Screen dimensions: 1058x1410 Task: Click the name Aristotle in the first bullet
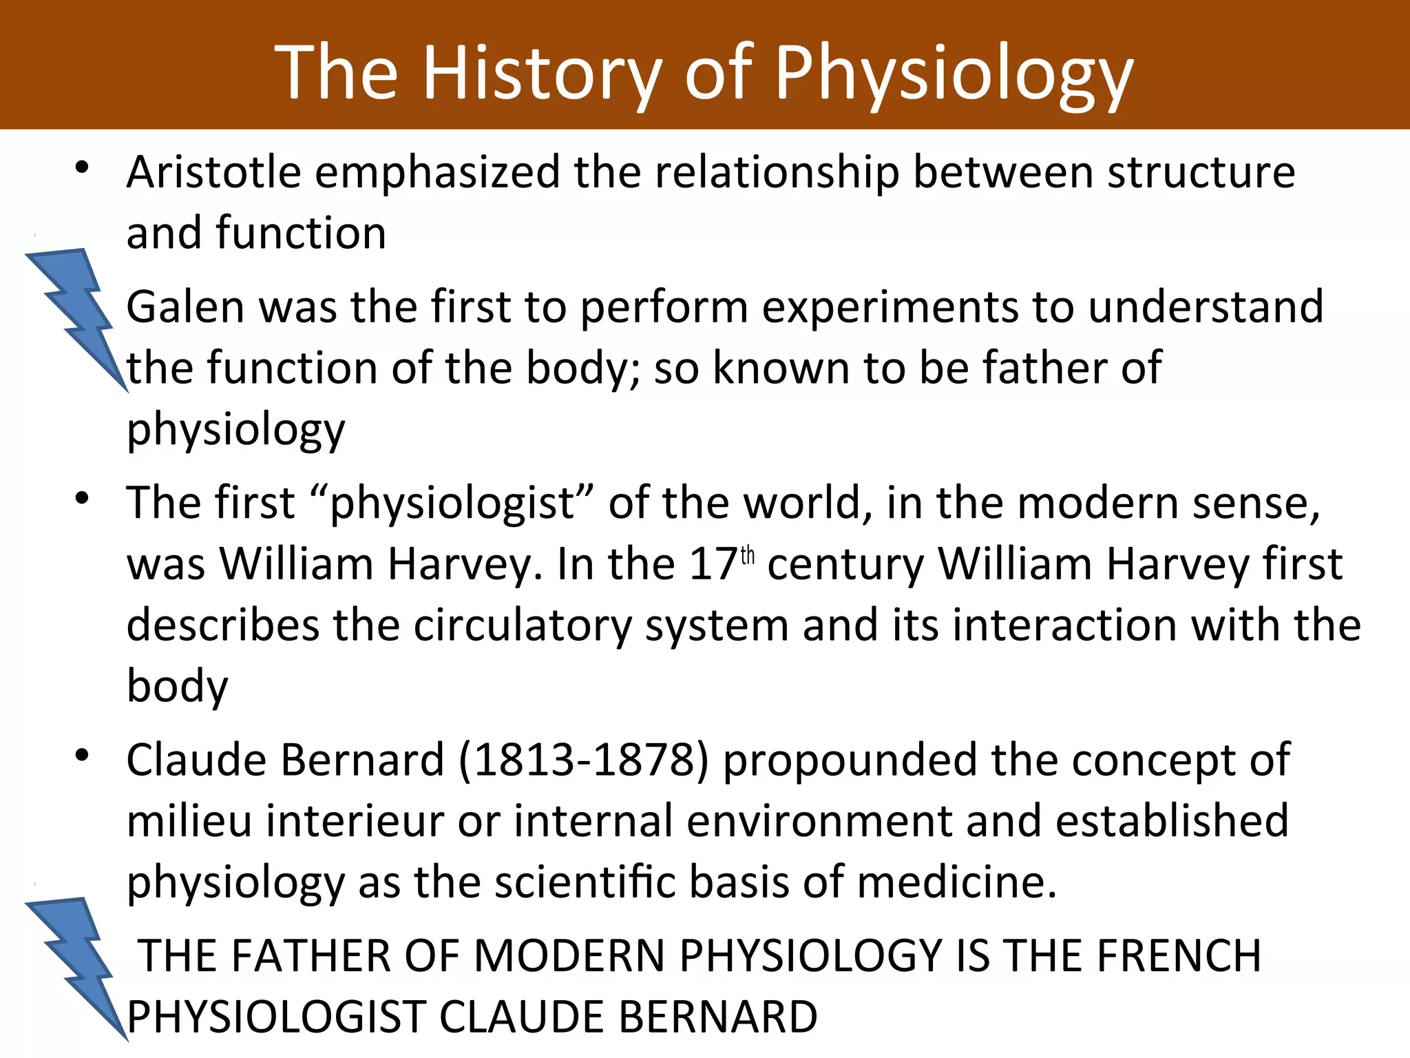[214, 172]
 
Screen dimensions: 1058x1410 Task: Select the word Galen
[185, 307]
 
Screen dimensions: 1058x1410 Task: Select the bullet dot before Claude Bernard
[83, 756]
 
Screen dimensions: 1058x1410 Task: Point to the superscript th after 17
[748, 556]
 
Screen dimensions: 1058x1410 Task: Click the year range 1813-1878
[584, 760]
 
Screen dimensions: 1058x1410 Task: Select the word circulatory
[523, 625]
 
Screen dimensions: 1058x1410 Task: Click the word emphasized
[437, 172]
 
